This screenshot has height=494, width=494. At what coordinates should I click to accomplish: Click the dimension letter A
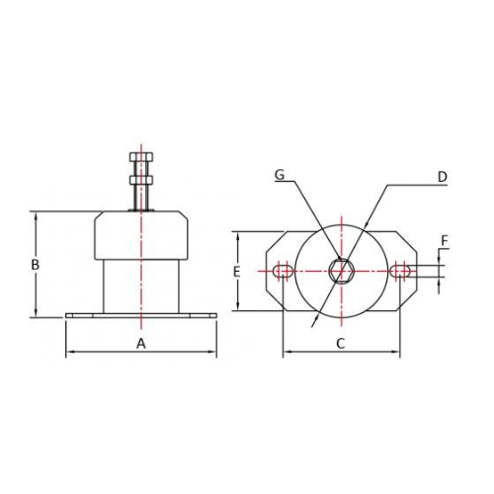click(x=140, y=343)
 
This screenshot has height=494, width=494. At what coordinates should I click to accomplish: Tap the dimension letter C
click(x=340, y=343)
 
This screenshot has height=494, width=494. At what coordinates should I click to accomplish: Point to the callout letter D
click(x=443, y=177)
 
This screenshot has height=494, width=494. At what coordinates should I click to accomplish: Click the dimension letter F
click(x=445, y=240)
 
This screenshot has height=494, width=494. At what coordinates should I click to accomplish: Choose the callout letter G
click(x=280, y=176)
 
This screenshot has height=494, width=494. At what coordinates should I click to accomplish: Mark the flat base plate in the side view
click(x=140, y=315)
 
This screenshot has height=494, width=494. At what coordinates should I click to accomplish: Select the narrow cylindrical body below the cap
click(x=140, y=285)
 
